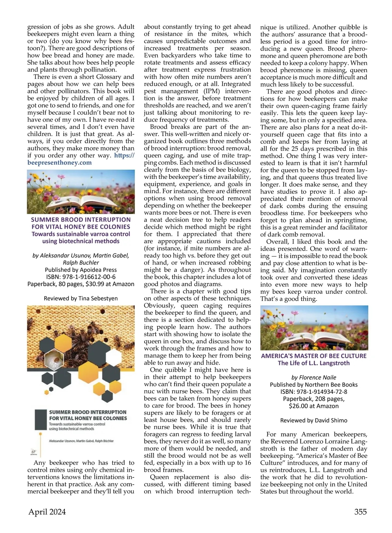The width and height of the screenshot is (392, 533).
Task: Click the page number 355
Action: click(x=360, y=512)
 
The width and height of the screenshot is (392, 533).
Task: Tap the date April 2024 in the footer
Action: click(x=47, y=512)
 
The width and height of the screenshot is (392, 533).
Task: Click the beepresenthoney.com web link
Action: click(x=59, y=163)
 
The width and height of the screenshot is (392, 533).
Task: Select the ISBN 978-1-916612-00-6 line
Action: click(x=81, y=277)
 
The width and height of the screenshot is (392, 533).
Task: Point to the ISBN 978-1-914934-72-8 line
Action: click(x=314, y=391)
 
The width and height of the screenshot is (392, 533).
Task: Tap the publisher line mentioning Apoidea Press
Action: click(x=81, y=270)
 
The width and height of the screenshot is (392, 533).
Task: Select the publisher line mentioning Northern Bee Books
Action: click(x=314, y=385)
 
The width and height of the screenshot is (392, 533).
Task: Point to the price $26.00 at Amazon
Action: click(x=314, y=406)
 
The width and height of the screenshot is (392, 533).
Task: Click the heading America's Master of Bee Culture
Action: click(x=314, y=356)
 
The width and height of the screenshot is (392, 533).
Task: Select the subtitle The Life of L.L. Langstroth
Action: click(x=314, y=363)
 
